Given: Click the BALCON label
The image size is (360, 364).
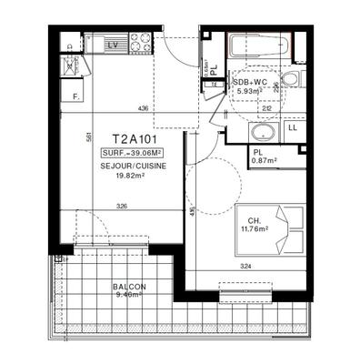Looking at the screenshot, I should coord(129,287).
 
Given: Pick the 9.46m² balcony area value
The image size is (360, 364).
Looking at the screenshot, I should coord(129,296).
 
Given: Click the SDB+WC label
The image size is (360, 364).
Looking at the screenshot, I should coord(250,81).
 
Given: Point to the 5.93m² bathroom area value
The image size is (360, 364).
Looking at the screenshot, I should coord(251,91).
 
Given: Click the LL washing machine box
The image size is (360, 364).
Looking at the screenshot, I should coord(293,128).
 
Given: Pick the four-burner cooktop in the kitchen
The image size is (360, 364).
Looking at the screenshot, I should coord(140,43).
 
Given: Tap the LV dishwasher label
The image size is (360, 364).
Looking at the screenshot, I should coord(114,44).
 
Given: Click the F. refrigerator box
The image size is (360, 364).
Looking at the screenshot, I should coord(75,95).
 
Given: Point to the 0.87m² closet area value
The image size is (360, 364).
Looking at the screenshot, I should coord(264,161).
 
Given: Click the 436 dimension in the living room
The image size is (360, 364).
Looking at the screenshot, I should coord(143,109).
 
